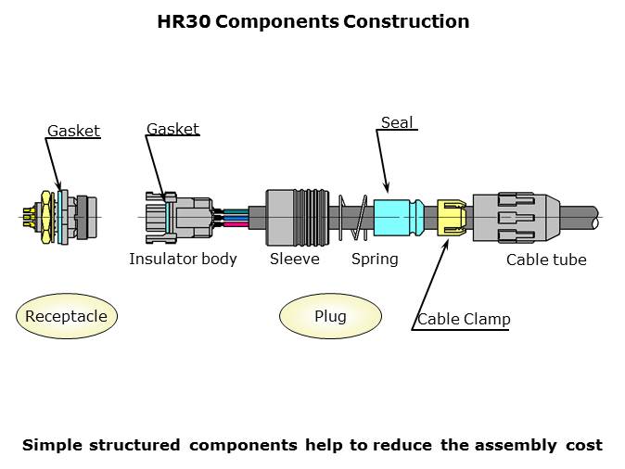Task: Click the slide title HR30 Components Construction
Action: (312, 21)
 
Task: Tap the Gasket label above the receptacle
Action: (73, 131)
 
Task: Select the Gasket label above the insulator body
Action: (172, 129)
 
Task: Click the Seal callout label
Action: (397, 122)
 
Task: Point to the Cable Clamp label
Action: (464, 320)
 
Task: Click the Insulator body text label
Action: (183, 259)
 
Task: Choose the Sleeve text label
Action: (294, 259)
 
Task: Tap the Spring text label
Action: (375, 259)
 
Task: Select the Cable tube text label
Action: (546, 260)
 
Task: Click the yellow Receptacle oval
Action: (66, 316)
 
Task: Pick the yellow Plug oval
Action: (330, 316)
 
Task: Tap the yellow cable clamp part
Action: (451, 218)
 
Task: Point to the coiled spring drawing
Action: (353, 218)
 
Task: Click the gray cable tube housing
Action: (516, 218)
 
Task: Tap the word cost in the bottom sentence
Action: (583, 445)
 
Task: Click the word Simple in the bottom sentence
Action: (52, 445)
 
